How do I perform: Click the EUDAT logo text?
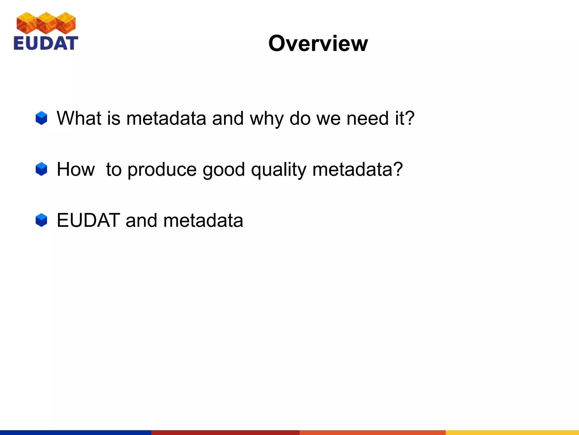tap(46, 43)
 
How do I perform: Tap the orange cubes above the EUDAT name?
tap(46, 22)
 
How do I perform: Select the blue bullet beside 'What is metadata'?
tap(41, 118)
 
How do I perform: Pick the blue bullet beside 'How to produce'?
tap(41, 169)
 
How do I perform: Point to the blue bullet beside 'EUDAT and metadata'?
tap(41, 220)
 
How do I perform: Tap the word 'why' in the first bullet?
tap(266, 119)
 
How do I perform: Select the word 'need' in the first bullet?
tap(367, 118)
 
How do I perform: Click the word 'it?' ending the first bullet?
tap(405, 118)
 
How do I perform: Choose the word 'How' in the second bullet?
tap(76, 169)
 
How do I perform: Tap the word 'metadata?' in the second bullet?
tap(357, 169)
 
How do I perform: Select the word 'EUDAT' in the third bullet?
tap(88, 220)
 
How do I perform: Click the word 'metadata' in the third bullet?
tap(203, 220)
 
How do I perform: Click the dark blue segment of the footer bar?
tap(75, 432)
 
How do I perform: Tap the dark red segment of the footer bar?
tap(225, 432)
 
